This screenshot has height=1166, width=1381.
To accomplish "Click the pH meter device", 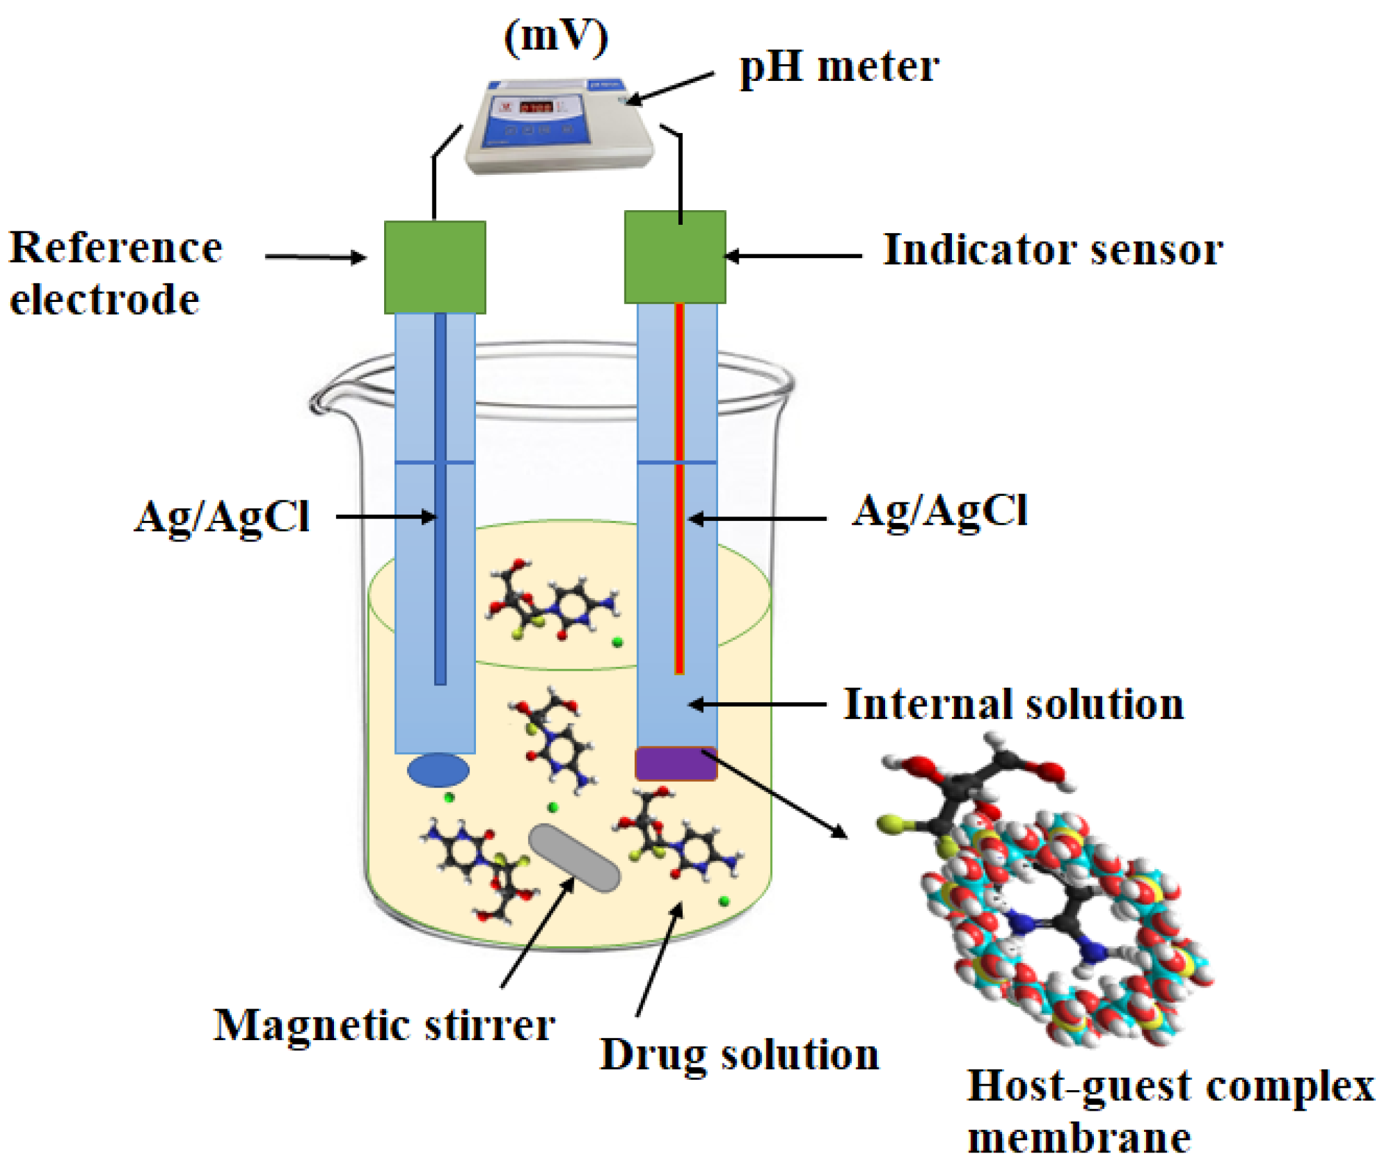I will [x=558, y=125].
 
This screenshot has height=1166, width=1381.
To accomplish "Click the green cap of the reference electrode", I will [x=435, y=267].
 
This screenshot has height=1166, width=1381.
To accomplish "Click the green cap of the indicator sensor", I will [x=674, y=256].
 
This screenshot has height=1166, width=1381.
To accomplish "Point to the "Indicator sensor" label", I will [x=1053, y=250].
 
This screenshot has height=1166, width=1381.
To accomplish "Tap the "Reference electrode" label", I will [x=116, y=274].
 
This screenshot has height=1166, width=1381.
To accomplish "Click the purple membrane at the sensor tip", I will [x=675, y=763].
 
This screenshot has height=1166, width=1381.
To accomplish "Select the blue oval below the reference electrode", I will [x=438, y=770].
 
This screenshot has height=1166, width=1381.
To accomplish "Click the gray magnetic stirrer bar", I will [x=574, y=857].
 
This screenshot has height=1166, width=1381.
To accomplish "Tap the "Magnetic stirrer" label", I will [x=384, y=1025].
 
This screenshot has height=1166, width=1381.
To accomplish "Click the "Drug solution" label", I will [x=739, y=1054].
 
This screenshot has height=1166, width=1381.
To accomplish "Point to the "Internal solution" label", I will [x=1013, y=704].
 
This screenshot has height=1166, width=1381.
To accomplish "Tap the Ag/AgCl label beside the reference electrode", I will [x=222, y=517].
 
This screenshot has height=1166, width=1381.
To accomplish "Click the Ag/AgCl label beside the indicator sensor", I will [x=939, y=511].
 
